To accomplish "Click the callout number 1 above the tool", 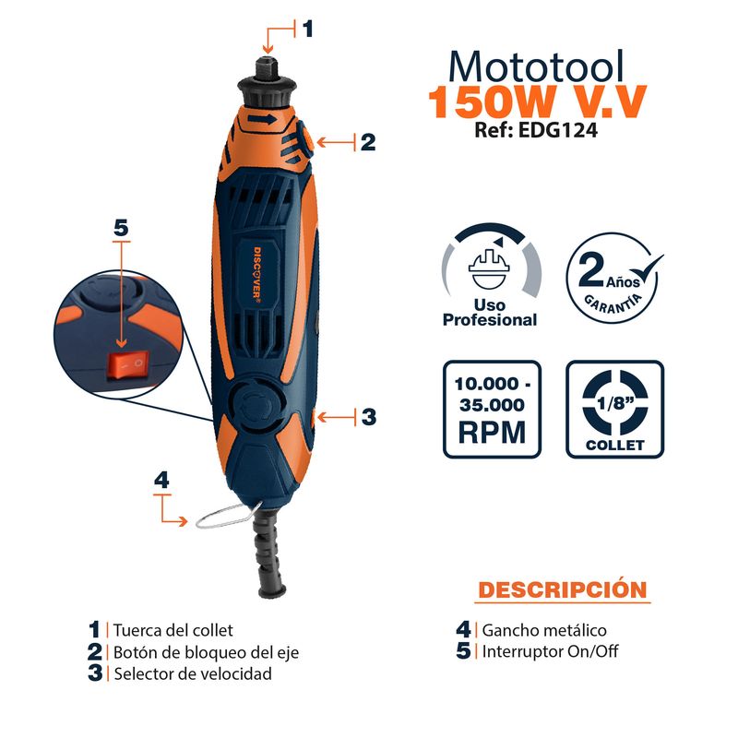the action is click(307, 29).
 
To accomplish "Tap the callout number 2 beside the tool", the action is click(368, 142).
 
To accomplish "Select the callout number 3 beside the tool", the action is click(368, 417).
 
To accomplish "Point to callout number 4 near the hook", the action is click(161, 480).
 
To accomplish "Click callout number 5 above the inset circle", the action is click(121, 228).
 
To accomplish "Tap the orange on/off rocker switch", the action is click(129, 364).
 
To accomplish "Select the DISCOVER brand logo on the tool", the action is click(258, 273).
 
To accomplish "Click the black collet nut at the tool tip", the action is click(268, 86).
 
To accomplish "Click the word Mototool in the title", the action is click(536, 66).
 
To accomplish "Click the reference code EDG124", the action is click(558, 130).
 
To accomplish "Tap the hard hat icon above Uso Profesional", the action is click(489, 269).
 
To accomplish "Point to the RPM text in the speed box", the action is click(492, 433).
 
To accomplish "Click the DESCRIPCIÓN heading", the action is click(563, 589).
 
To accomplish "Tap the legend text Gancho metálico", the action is click(544, 630).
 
